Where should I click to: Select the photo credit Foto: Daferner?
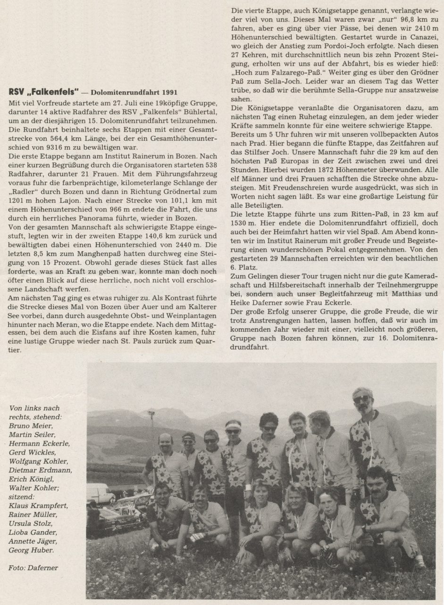pyautogui.click(x=33, y=568)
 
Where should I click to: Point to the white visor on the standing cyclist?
pyautogui.click(x=233, y=425)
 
